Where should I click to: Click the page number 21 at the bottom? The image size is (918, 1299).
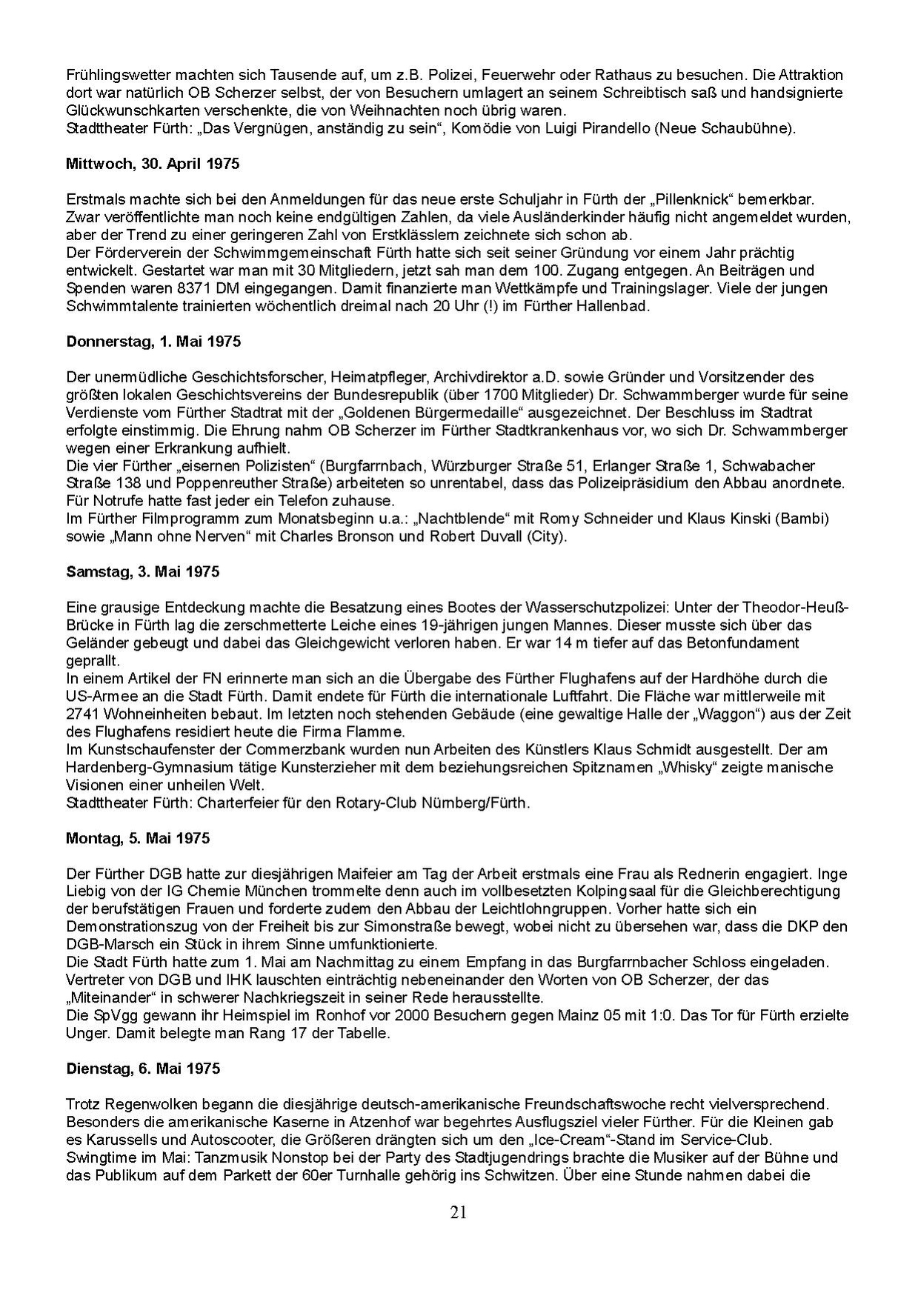pos(458,1212)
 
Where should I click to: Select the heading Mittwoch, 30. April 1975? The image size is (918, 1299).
pos(153,164)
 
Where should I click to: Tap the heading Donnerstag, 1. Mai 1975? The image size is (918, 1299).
pos(153,342)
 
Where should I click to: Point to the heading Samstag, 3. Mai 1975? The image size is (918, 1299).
pos(143,572)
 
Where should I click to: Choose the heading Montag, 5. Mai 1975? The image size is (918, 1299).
pos(138,838)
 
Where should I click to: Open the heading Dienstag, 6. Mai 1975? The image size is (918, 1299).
pos(143,1069)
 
